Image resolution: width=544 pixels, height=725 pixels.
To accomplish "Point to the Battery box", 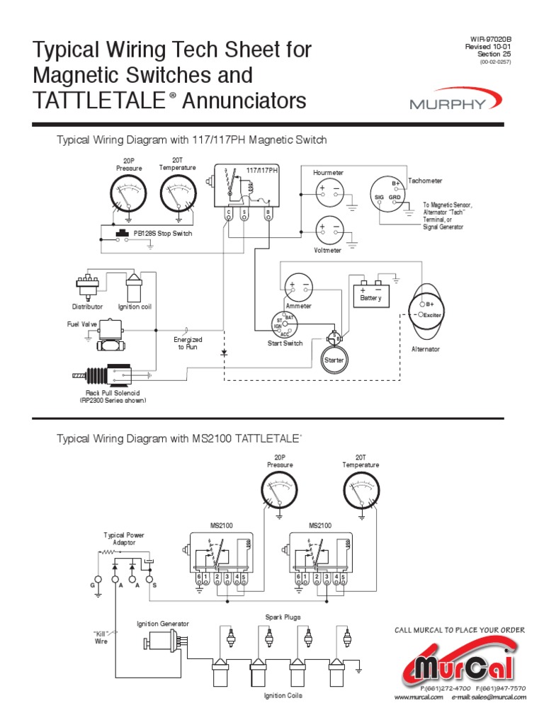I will tap(370, 291).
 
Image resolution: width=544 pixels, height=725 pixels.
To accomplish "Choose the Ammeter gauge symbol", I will tap(298, 287).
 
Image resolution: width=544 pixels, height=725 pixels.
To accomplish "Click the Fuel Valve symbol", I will tap(112, 335).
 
